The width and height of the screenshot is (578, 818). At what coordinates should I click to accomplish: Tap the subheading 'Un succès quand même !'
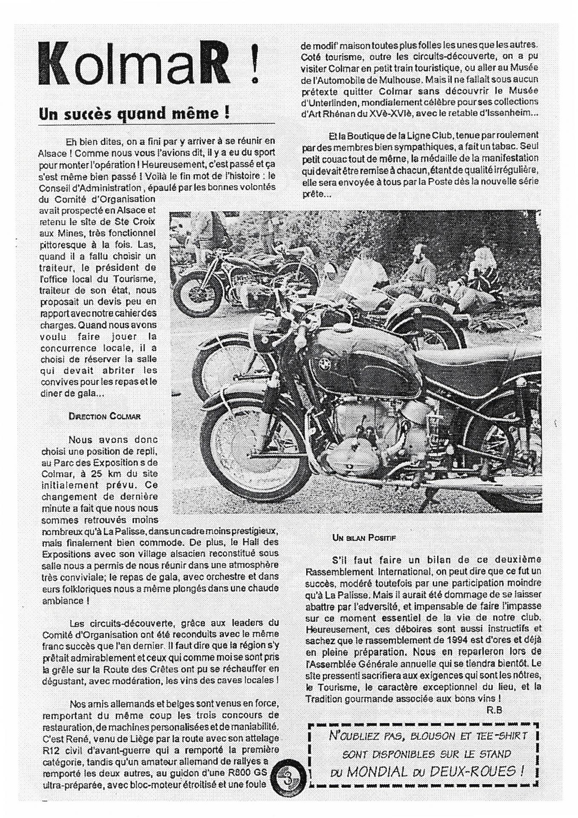click(135, 114)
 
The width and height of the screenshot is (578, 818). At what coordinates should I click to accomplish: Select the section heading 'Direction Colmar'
click(104, 416)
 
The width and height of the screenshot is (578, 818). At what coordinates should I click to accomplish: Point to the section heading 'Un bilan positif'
click(364, 538)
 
